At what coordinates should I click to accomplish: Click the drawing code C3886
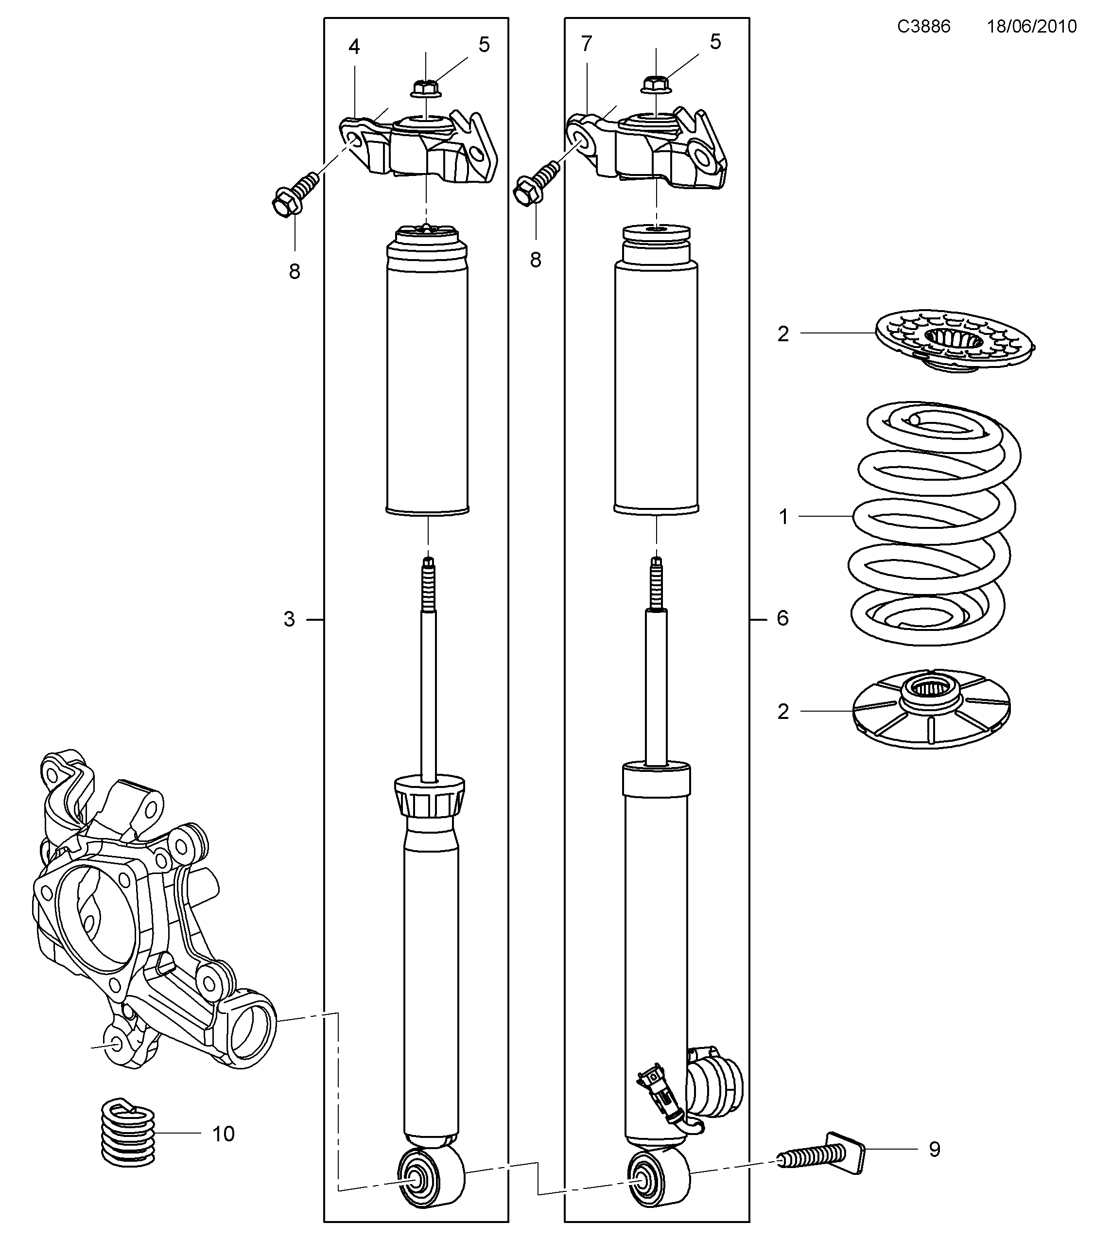point(923,27)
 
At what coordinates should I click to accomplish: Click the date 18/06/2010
point(1031,27)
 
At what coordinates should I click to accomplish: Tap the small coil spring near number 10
point(127,1132)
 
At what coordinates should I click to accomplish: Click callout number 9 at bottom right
point(935,1149)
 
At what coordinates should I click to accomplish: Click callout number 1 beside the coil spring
point(783,517)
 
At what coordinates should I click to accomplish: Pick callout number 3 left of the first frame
point(289,619)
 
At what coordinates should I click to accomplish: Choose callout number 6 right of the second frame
point(782,618)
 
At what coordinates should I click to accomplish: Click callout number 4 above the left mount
point(354,47)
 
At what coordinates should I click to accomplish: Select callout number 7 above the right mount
point(586,44)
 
